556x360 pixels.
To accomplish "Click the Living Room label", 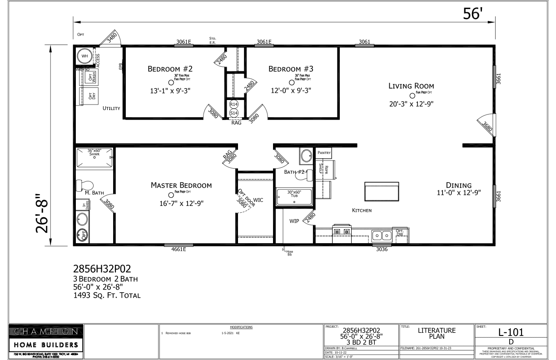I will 411,86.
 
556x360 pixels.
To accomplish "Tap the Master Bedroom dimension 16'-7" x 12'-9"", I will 181,203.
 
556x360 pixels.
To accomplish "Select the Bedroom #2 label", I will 170,69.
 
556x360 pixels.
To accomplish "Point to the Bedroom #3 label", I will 291,69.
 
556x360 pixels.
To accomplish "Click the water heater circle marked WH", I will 84,56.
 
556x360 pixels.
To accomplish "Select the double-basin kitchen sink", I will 382,235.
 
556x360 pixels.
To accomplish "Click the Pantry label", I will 324,153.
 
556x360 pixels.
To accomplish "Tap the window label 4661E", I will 179,250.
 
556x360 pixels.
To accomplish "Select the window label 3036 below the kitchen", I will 382,250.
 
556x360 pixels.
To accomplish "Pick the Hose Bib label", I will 289,253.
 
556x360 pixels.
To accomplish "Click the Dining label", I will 458,185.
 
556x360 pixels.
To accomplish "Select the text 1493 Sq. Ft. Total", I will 107,295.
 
